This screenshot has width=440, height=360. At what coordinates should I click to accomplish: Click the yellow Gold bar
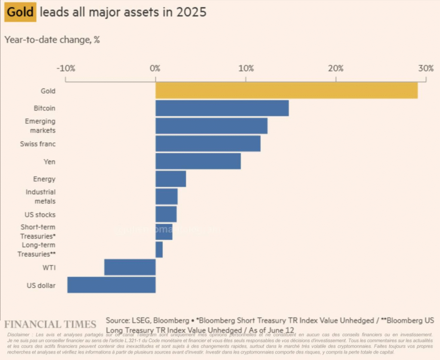tap(286, 90)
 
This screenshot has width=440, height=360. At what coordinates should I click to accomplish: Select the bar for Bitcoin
tap(222, 108)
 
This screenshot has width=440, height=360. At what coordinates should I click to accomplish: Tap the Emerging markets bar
tap(211, 125)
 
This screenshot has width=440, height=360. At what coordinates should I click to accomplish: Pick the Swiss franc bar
tap(208, 143)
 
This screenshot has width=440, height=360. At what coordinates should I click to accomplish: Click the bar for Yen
tap(198, 161)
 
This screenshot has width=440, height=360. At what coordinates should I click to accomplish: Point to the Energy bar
tap(171, 179)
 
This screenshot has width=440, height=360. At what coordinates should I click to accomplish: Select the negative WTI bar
tap(130, 267)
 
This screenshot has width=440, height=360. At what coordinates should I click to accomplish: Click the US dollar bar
tap(111, 285)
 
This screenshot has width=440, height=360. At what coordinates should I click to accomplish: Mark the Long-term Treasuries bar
tap(159, 250)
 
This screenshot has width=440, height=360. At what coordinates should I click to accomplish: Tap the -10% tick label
tap(66, 68)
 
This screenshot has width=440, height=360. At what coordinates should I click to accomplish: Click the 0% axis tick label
tap(155, 68)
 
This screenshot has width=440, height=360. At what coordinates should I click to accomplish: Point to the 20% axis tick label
tap(336, 68)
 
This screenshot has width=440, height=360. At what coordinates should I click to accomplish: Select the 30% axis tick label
tap(426, 68)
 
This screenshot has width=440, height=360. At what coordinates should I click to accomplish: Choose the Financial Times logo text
tap(50, 324)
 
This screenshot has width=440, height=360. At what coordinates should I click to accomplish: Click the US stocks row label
tap(40, 214)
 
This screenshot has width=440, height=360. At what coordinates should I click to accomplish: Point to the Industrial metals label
tap(40, 196)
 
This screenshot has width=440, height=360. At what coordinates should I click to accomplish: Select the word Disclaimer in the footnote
tap(18, 335)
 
